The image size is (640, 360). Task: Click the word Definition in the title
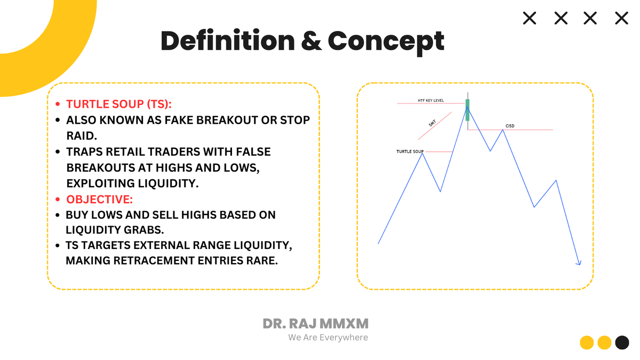click(228, 41)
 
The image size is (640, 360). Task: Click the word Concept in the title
click(386, 43)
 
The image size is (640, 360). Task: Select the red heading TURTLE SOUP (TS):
click(119, 104)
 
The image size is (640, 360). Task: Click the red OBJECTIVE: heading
click(99, 199)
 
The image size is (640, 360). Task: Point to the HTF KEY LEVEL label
click(431, 101)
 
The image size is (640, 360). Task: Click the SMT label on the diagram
click(433, 123)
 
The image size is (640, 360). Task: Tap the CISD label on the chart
click(510, 126)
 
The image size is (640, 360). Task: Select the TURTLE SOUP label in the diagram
click(410, 151)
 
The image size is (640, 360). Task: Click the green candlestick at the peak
click(467, 110)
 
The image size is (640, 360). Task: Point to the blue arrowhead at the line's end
click(578, 263)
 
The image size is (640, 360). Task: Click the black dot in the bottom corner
click(622, 342)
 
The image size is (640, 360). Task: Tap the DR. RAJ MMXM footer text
click(315, 324)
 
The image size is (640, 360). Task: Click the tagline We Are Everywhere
click(328, 338)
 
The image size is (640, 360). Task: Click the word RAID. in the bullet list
click(82, 136)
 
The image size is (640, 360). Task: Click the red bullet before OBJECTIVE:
click(58, 199)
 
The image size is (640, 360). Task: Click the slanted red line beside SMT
click(435, 126)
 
